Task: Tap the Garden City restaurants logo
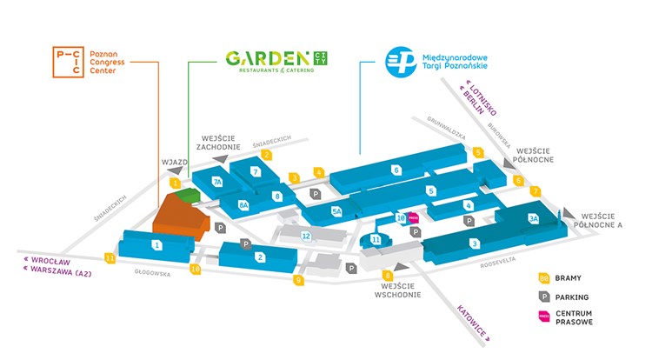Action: point(277,60)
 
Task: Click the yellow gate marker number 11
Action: point(110,257)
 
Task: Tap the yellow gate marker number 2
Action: point(267,155)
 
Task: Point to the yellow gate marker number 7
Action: point(536,191)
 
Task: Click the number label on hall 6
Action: point(396,170)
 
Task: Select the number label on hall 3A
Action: point(533,219)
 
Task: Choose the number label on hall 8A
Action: point(243,205)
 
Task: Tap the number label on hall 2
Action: point(259,257)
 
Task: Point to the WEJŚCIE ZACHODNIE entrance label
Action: point(217,143)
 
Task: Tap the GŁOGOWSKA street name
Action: point(151,272)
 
